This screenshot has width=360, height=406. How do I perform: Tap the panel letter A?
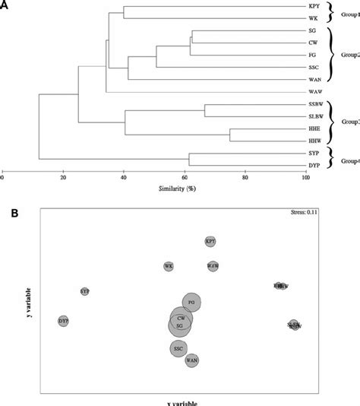coord(6,5)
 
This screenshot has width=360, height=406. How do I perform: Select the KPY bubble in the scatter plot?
coord(210,241)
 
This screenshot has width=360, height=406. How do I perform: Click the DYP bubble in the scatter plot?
coord(63,322)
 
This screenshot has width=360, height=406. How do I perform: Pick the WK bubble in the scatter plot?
coord(169,267)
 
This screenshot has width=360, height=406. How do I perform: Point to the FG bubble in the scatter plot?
coord(191,303)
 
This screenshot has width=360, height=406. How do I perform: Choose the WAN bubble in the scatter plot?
coord(192,360)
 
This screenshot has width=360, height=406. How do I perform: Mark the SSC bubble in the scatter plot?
coord(178,349)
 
